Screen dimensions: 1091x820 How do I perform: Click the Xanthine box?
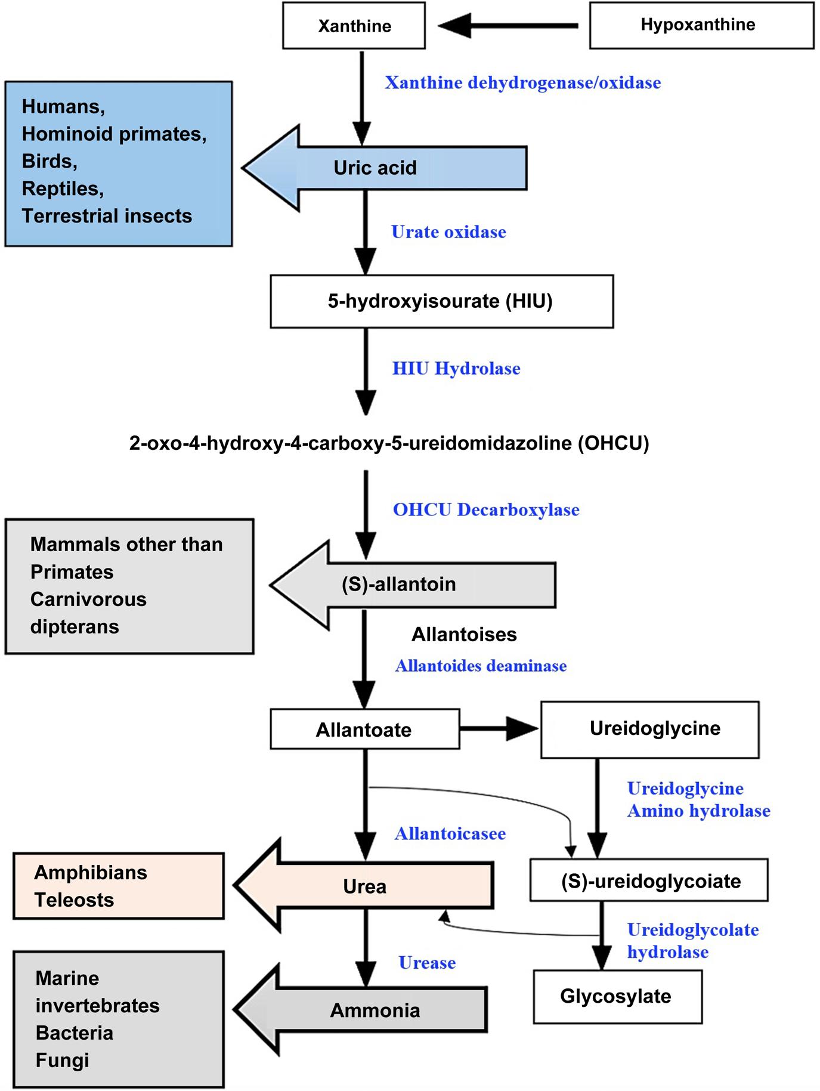coord(354,26)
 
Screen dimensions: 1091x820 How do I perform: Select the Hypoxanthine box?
coord(701,25)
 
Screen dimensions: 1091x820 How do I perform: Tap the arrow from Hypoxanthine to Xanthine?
coord(508,26)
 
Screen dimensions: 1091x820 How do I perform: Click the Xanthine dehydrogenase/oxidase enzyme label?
coord(522,82)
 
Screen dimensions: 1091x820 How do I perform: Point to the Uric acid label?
coord(375,168)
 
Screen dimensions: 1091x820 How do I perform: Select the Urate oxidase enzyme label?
coord(448,232)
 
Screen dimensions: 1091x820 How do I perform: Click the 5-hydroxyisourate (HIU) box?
coord(441,301)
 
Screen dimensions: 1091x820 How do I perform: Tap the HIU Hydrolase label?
coord(456,369)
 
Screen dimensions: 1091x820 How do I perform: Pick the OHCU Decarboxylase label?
coord(486,510)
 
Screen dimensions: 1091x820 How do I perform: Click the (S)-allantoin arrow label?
coord(399,584)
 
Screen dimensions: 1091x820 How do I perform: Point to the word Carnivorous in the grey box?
coord(88,599)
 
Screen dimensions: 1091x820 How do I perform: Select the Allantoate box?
coord(364,730)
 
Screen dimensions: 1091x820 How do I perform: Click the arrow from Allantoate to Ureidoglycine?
coord(499,728)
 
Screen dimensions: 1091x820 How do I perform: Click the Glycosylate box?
coord(617,997)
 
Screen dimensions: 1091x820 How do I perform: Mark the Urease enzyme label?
coord(427,962)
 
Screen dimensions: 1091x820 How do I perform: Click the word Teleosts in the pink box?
coord(74,900)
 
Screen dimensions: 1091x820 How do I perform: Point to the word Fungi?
coord(62,1060)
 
